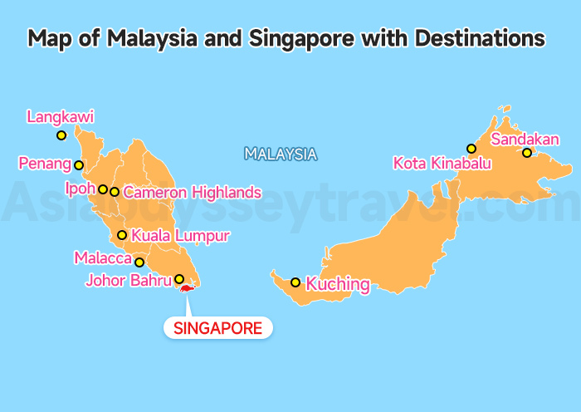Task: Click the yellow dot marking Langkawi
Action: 61,135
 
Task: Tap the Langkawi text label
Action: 61,117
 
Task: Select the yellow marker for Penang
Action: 79,165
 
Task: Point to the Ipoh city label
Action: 81,189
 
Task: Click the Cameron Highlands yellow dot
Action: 115,192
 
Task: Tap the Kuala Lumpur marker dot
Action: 122,235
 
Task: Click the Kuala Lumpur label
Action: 180,236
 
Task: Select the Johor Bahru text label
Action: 129,280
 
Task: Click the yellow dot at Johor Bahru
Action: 179,279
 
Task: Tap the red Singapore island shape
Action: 188,289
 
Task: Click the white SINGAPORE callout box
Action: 218,328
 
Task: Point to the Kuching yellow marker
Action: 295,282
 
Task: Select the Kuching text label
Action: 338,284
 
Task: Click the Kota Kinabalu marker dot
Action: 471,149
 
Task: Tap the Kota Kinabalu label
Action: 442,163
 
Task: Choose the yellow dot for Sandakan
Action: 526,153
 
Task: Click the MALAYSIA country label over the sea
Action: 281,154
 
